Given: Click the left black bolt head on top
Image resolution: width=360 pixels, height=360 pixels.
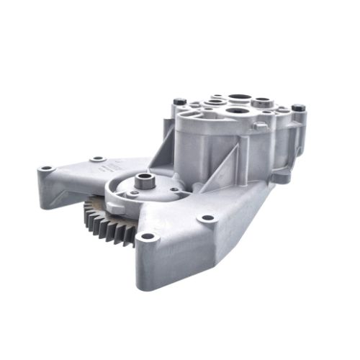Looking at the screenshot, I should click(179, 102).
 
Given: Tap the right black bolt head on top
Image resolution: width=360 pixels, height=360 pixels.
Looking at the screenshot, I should click(298, 108).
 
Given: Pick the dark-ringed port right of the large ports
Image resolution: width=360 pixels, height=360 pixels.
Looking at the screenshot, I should click(262, 104).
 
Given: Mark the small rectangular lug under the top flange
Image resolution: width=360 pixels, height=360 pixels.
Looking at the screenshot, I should click(261, 127).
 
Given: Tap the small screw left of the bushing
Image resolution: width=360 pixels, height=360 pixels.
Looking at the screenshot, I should click(136, 192).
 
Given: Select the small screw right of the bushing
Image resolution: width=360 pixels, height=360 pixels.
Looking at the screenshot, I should click(174, 191).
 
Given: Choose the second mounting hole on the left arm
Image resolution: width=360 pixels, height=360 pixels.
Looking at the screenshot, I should click(97, 158).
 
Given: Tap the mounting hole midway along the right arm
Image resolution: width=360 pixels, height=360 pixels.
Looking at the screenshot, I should click(207, 217).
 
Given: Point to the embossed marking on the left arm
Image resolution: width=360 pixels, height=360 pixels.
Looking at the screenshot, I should click(108, 171).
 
